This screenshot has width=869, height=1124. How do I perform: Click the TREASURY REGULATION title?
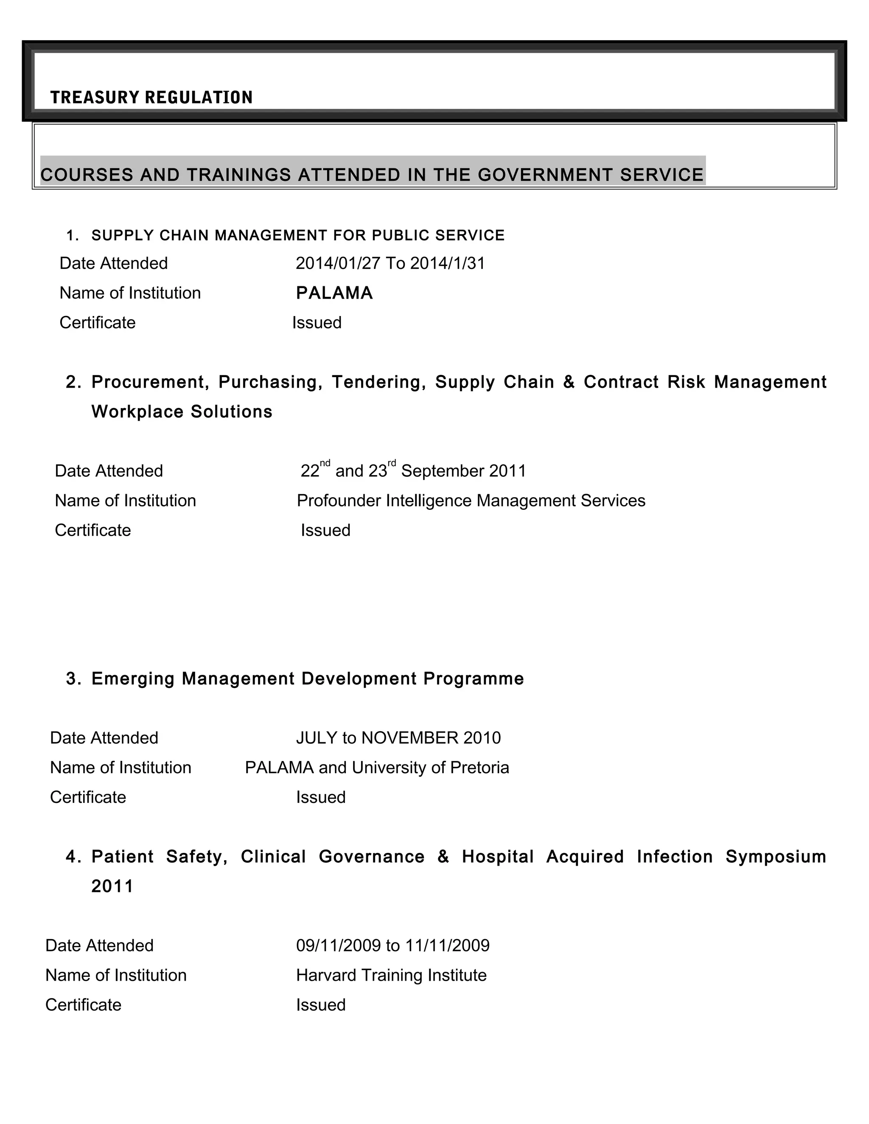point(151,97)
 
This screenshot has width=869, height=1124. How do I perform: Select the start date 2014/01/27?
point(338,263)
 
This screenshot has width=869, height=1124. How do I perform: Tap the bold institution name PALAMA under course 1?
point(334,294)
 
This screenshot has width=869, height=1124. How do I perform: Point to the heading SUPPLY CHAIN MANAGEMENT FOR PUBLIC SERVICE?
point(297,236)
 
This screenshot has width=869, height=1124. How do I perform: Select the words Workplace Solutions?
point(182,412)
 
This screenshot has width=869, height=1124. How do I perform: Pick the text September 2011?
point(463,471)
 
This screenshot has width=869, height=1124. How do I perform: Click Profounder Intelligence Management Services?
point(471,501)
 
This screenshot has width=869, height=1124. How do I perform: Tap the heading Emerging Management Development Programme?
point(307,679)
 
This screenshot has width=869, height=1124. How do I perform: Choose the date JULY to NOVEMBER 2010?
point(398,738)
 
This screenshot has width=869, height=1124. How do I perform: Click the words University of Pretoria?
point(430,768)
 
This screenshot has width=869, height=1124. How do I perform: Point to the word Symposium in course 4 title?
point(775,857)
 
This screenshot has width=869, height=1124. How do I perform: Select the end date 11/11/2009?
point(447,946)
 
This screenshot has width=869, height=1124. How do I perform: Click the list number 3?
point(72,679)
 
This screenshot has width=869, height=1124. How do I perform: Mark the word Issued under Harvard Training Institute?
point(321,1005)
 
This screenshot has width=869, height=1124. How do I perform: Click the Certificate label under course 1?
point(97,323)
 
